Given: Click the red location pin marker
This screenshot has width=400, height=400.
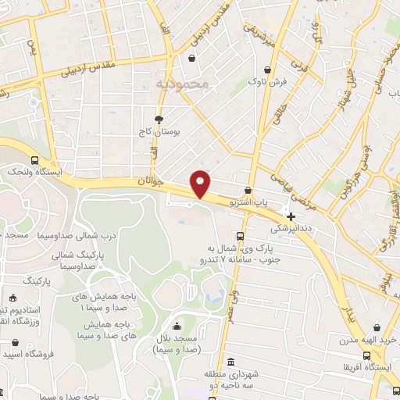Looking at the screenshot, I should click(x=201, y=183).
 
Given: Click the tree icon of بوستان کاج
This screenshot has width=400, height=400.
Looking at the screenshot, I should click(x=159, y=120).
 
